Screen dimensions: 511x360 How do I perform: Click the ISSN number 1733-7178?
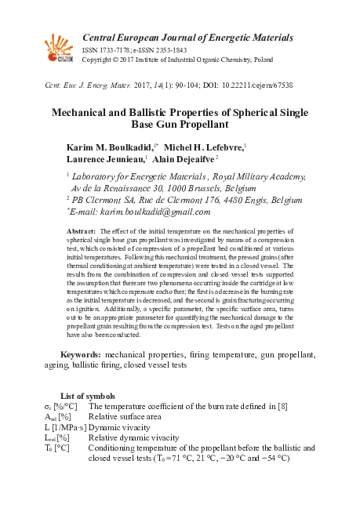115,49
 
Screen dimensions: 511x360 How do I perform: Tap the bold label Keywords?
78,355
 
